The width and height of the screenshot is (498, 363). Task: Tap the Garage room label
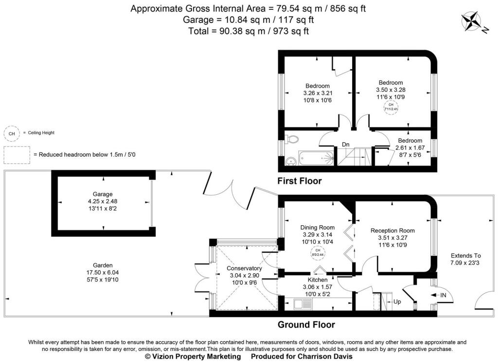(x=103, y=194)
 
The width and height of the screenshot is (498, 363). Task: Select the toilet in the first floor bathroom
(x=292, y=139)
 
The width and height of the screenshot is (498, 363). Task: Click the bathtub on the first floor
(x=316, y=157)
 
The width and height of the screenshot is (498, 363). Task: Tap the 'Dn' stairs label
(x=346, y=144)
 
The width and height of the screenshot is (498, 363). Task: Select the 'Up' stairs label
(x=397, y=302)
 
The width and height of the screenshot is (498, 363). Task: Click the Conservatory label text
(x=245, y=268)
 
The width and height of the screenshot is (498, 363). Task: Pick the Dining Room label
(x=318, y=227)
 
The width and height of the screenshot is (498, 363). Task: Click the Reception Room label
(x=392, y=231)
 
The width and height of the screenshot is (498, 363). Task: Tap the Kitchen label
(x=318, y=280)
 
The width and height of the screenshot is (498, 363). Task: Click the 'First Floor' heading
(x=300, y=181)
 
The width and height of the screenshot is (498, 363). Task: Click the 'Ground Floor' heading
(x=306, y=325)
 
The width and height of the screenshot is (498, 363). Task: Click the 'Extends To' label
(x=465, y=255)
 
